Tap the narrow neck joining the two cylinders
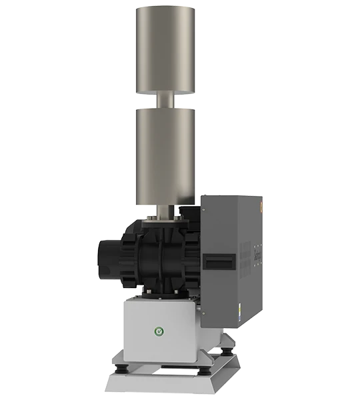pos(165,101)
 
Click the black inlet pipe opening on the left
pos(107,261)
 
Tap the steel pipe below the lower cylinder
pos(165,213)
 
